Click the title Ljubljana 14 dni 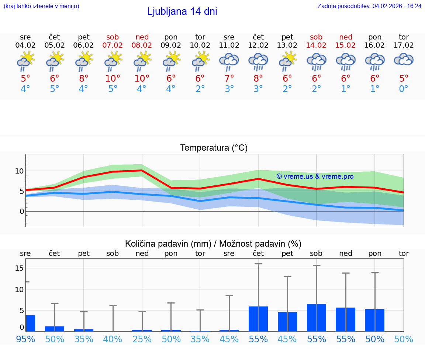(x=182, y=11)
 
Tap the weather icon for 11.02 (x=229, y=61)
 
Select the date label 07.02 (x=113, y=45)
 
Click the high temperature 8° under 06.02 (x=84, y=78)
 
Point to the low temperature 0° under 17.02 (x=404, y=89)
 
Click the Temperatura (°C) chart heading (x=214, y=148)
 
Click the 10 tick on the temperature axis (x=19, y=171)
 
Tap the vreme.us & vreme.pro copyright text (x=315, y=176)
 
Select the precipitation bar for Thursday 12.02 (x=258, y=319)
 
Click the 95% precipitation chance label (x=25, y=339)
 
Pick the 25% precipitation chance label (x=142, y=339)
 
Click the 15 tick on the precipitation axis (x=19, y=268)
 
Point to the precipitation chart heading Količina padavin (x=213, y=244)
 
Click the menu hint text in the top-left (x=41, y=6)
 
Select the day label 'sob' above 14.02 (x=316, y=37)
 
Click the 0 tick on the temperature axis (x=21, y=212)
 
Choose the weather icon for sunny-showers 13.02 (x=287, y=61)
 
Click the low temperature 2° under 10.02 (x=200, y=89)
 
